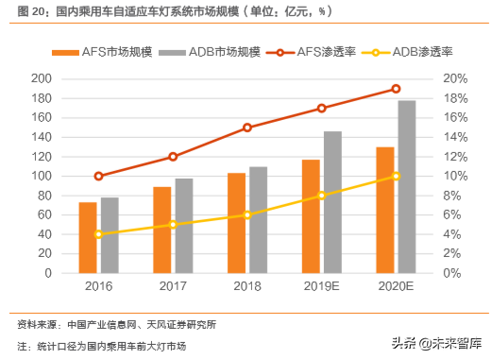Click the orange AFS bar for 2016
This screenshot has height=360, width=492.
click(87, 237)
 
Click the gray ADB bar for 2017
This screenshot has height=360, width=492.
click(183, 225)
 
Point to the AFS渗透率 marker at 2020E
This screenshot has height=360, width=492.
click(396, 89)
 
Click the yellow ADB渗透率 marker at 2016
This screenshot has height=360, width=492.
click(98, 233)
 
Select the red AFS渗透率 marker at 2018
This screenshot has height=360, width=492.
click(247, 128)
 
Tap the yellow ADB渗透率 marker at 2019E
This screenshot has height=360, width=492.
click(322, 195)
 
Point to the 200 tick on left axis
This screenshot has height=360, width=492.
click(40, 78)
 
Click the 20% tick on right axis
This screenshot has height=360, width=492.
click(455, 78)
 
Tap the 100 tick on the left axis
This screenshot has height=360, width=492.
click(40, 176)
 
